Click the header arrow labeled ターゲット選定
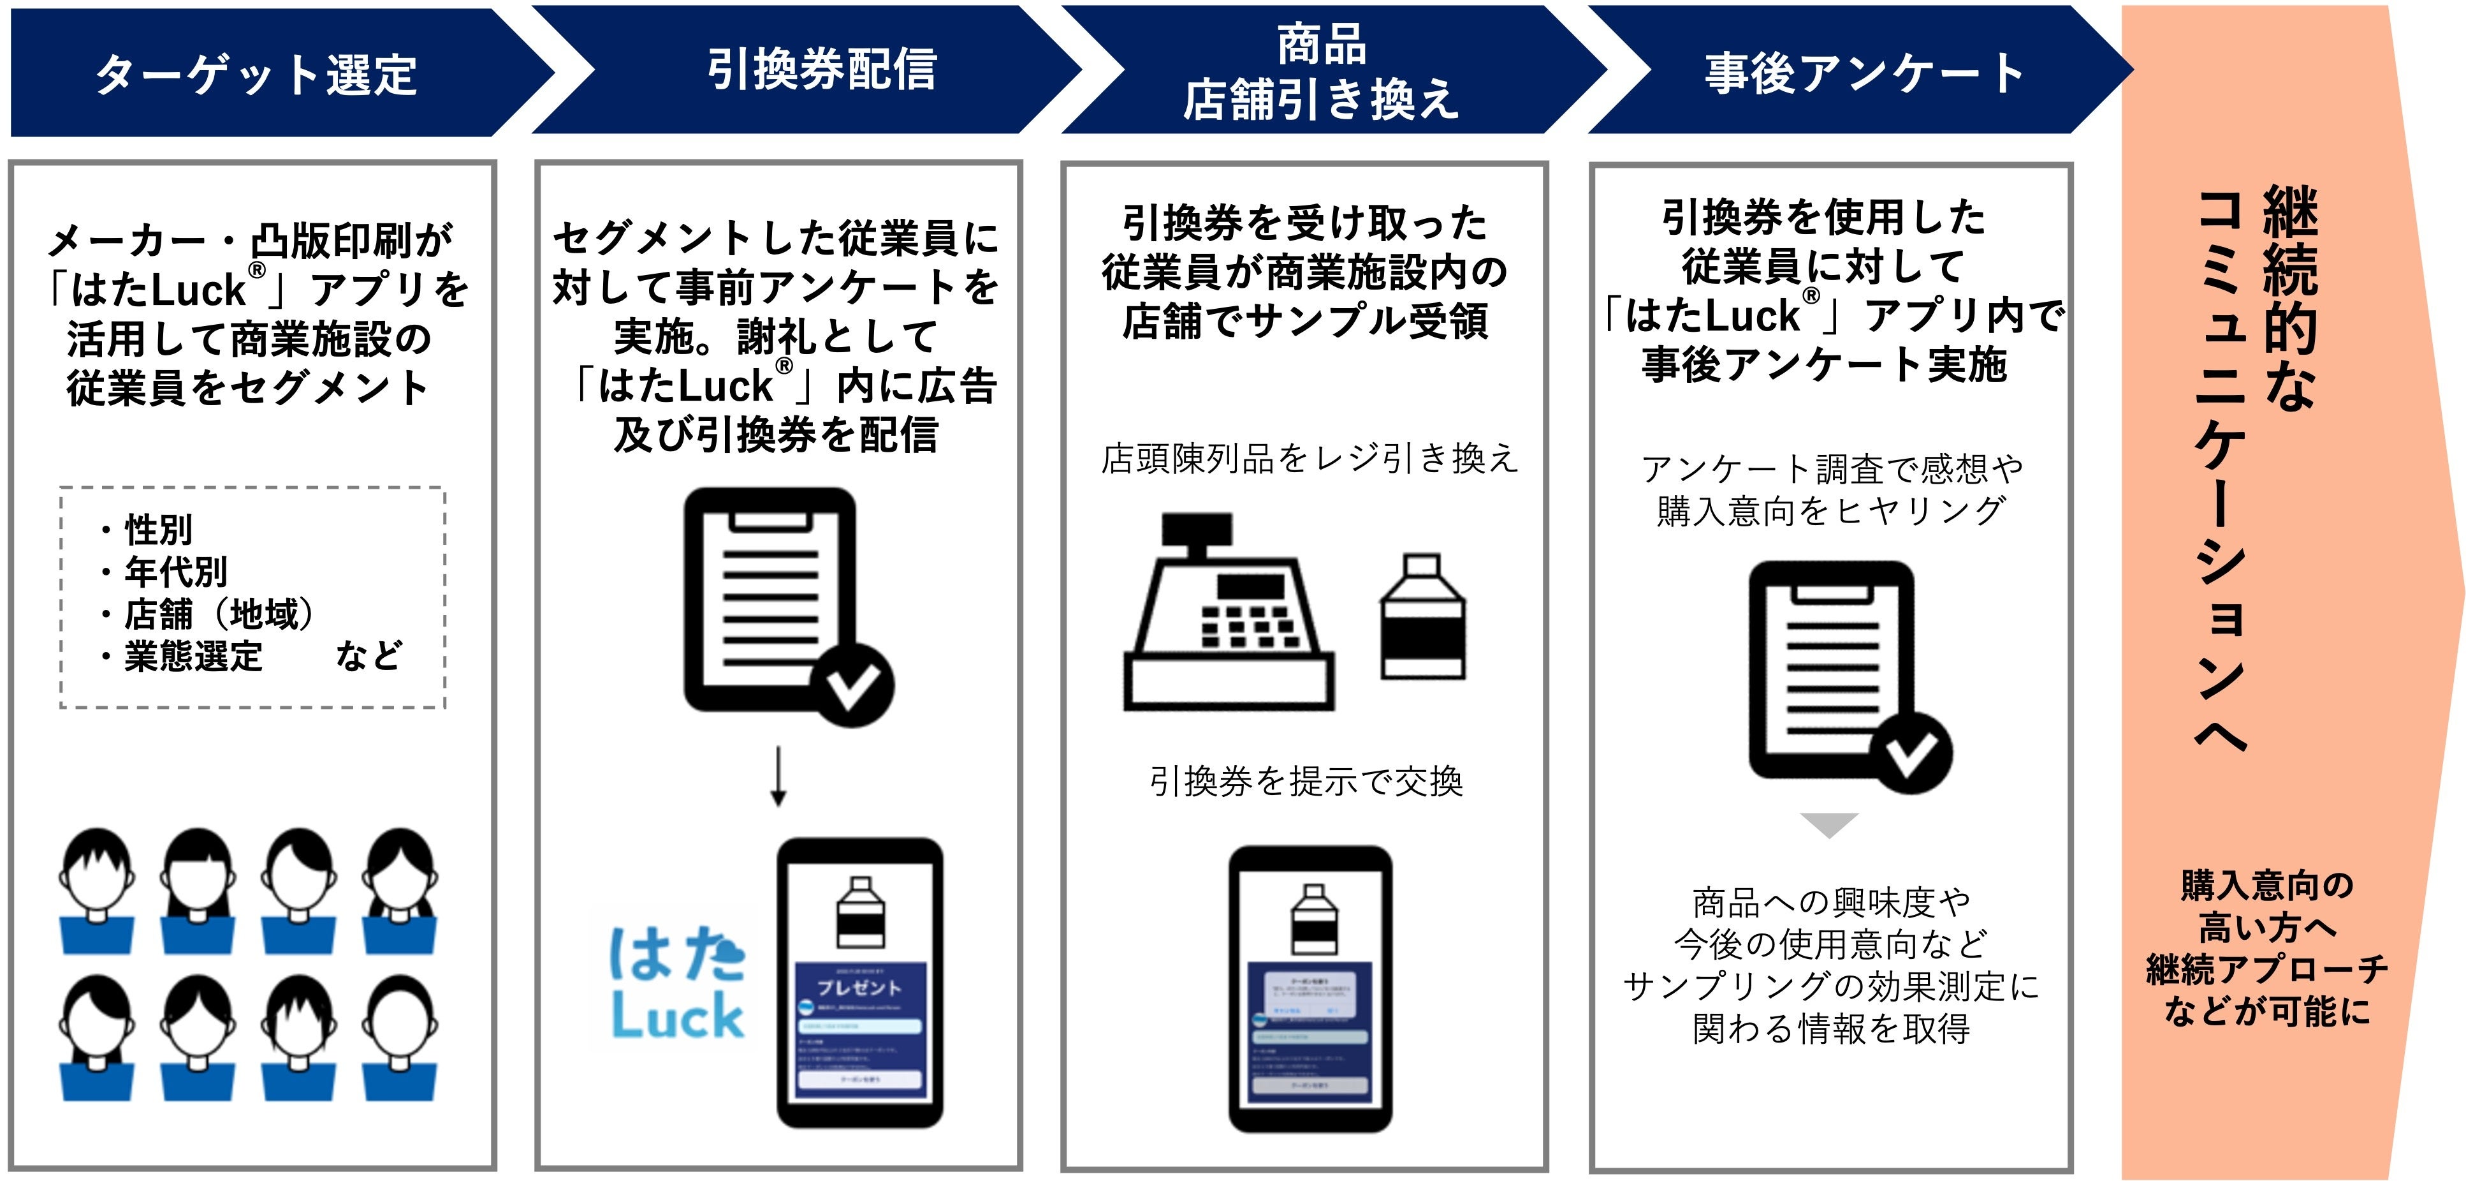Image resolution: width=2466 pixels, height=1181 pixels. (256, 73)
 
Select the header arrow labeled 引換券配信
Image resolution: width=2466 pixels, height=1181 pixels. (821, 69)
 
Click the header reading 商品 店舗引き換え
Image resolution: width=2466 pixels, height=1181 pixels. (1321, 73)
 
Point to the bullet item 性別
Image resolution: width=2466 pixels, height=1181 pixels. (158, 529)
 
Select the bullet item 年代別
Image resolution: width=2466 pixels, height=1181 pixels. (175, 572)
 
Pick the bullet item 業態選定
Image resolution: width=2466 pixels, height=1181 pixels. (193, 656)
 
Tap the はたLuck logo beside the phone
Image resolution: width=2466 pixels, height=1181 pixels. (677, 983)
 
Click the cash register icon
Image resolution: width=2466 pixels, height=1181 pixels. (1227, 613)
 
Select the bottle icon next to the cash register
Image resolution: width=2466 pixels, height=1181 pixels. (1422, 617)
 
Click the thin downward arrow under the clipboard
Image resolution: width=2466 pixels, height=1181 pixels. (778, 776)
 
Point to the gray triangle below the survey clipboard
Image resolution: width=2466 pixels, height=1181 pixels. (1828, 824)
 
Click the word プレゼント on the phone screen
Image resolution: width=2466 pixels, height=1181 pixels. (859, 986)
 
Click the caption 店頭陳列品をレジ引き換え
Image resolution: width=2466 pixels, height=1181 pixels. (1309, 459)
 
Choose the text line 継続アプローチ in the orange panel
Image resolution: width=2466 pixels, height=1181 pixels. (2266, 969)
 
